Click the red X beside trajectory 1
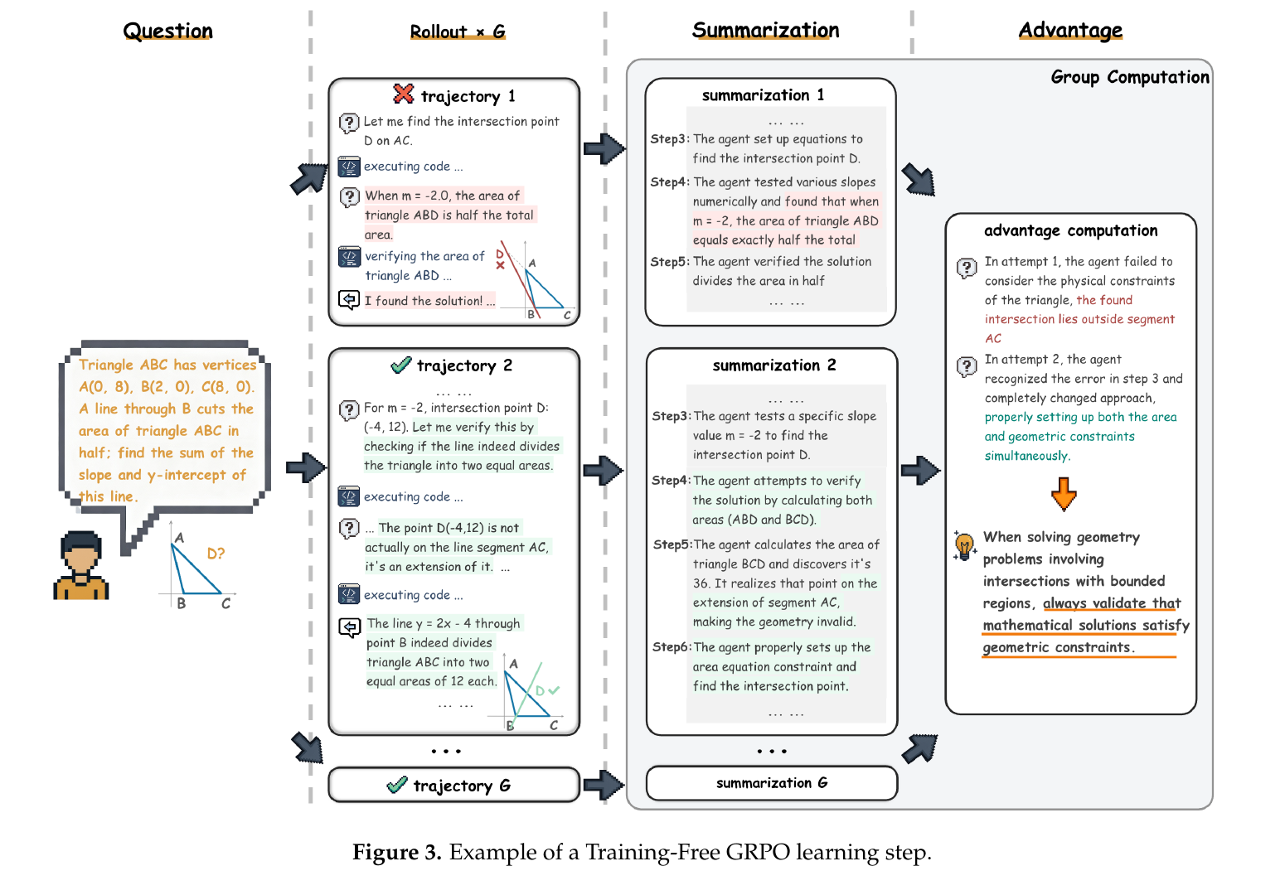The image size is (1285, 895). coord(403,94)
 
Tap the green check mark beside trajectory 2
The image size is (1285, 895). coord(400,365)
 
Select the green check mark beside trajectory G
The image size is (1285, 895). coord(397,784)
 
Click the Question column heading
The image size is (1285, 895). coord(167,31)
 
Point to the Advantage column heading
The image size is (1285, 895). coord(1070,31)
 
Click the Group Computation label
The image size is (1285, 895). coord(1129,77)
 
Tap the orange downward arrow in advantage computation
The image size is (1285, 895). coord(1064,494)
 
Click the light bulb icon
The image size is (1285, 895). coord(964,545)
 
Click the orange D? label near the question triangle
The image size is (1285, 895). coord(216,554)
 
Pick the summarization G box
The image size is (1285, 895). coord(772,783)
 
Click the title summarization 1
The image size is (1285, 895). coord(763,95)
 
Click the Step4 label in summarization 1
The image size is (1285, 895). coord(670,182)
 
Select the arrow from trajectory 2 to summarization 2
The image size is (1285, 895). coord(604,471)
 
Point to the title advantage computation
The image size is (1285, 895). coord(1070,230)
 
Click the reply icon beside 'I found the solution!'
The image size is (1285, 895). coord(349,300)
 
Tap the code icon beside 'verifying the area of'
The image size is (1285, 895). coord(349,257)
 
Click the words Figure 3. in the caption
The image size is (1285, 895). coord(397,852)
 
